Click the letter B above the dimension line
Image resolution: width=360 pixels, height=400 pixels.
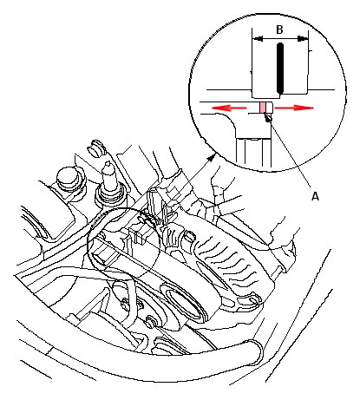click(279, 30)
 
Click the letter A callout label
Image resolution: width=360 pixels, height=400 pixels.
click(315, 196)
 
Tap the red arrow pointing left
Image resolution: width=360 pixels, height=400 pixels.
click(229, 108)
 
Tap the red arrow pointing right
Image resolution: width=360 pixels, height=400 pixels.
click(294, 108)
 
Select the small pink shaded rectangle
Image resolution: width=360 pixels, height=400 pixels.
click(263, 108)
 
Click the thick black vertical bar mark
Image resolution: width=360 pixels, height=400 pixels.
click(280, 69)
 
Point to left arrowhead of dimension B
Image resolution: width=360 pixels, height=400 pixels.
click(258, 38)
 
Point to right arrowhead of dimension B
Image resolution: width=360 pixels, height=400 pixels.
click(303, 38)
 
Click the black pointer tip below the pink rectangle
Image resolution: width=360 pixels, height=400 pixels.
click(267, 117)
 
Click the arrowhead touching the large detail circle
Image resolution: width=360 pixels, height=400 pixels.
click(213, 158)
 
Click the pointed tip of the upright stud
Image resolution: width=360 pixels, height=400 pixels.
click(108, 163)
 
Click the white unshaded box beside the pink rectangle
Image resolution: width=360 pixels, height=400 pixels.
click(269, 108)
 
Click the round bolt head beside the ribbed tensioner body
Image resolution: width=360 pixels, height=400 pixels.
click(189, 237)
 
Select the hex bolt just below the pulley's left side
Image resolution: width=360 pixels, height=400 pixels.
click(151, 321)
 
